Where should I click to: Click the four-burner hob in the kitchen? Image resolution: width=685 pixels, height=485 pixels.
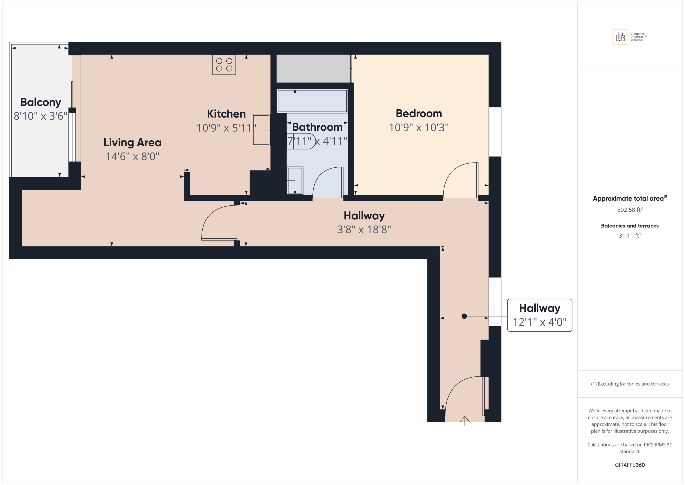click(x=224, y=65)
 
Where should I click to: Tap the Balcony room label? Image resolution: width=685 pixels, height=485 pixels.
click(x=41, y=102)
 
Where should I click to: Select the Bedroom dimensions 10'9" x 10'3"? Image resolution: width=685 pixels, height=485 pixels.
click(x=418, y=127)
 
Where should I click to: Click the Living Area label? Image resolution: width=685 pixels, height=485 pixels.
click(x=132, y=142)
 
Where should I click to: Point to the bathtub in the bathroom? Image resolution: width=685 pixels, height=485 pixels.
click(x=312, y=101)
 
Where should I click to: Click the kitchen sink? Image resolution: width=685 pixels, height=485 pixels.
click(x=261, y=130)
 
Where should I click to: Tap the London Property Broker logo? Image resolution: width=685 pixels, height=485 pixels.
click(x=630, y=37)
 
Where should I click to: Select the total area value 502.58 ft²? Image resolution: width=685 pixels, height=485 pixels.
click(x=630, y=210)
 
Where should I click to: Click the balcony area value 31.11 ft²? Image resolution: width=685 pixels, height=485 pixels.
click(x=630, y=235)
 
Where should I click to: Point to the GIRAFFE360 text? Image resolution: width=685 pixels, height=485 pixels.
click(x=630, y=465)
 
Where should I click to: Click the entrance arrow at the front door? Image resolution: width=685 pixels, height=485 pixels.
click(x=465, y=420)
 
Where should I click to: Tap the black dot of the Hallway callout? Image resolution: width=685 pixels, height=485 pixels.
click(x=464, y=316)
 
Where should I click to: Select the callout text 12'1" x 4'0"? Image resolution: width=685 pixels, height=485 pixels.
click(x=539, y=322)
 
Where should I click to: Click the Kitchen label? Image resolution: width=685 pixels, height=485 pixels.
click(x=226, y=114)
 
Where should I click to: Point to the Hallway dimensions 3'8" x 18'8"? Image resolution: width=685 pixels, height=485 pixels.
click(x=364, y=229)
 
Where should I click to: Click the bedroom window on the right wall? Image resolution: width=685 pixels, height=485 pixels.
click(x=495, y=132)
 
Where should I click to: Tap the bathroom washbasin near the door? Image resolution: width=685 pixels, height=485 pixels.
click(x=295, y=181)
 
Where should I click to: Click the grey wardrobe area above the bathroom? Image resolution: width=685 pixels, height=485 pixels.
click(x=313, y=68)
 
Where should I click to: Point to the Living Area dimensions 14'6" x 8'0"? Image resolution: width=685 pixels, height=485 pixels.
click(x=132, y=156)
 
